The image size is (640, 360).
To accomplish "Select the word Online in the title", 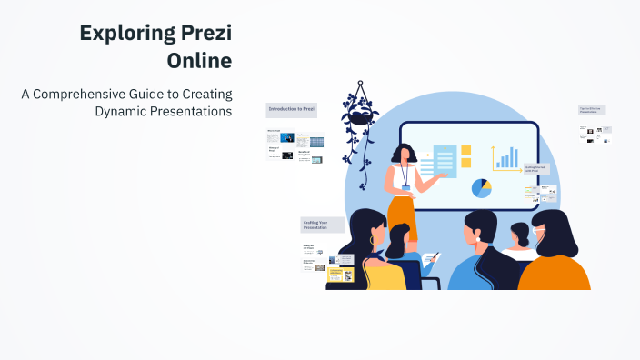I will coord(199,61).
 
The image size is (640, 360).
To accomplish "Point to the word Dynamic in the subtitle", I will coord(125,112).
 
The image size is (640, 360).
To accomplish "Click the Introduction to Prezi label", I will coord(291,109).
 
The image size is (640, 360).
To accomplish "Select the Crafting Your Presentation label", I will coord(322,225).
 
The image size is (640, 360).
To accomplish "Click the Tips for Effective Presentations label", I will coord(592,110).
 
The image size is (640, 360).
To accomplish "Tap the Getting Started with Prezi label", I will coord(536,169).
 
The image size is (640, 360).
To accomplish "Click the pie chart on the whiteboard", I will coord(481,188).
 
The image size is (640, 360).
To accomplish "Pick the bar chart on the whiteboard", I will coord(505,158).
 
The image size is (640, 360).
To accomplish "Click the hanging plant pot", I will coord(361,116).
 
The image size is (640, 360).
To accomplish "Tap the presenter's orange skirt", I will coord(401,214).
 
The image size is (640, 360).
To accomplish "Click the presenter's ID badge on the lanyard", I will coord(406,187).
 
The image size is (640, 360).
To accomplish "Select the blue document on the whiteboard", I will coord(445,162).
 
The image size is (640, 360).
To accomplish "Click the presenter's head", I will coord(403,155).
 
